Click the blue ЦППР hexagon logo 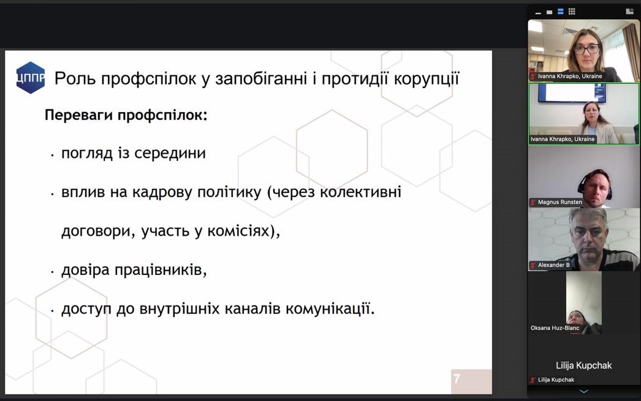30,78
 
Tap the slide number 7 457,379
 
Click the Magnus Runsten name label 559,202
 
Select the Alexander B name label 553,265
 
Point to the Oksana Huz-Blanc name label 555,328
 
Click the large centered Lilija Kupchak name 584,365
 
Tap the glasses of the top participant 587,50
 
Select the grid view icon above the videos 572,12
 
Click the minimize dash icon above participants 538,13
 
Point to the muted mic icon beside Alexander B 533,265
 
